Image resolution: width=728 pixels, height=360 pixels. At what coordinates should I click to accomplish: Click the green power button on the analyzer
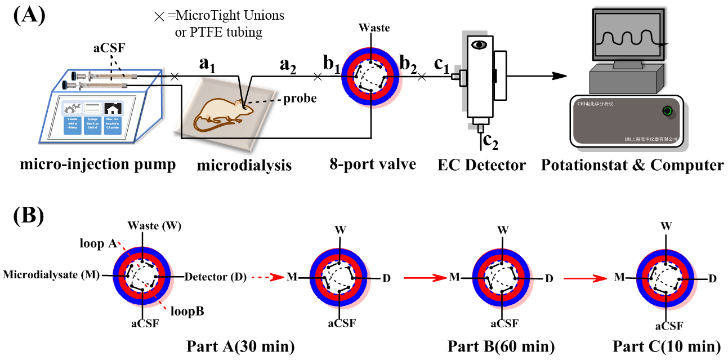668,111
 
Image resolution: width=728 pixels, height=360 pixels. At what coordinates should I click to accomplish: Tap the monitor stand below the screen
628,65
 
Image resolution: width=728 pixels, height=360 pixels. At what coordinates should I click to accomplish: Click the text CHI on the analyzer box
582,104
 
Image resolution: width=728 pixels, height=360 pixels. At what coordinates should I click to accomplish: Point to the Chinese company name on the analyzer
653,139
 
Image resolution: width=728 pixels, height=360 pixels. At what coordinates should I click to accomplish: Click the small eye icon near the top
479,45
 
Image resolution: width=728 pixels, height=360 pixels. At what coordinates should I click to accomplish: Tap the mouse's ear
240,103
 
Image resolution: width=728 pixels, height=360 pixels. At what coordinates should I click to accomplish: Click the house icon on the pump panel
113,109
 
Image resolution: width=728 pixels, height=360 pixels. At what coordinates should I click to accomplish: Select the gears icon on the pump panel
73,109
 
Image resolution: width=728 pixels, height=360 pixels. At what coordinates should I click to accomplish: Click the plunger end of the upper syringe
74,75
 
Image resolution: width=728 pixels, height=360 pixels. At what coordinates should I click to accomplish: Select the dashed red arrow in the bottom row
268,277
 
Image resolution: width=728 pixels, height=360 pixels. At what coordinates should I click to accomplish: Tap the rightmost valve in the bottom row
667,279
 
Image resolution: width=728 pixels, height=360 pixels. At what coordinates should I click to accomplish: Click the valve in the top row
372,77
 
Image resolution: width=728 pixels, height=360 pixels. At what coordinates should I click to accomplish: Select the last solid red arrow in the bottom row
586,278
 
